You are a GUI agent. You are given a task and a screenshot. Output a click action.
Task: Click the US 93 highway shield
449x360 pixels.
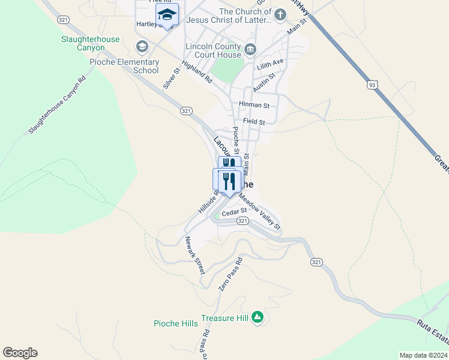[x=373, y=85]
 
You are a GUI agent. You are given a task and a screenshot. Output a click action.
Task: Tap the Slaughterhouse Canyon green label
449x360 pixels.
[x=91, y=43]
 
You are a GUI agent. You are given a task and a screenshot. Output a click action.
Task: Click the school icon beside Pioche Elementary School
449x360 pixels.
[x=142, y=47]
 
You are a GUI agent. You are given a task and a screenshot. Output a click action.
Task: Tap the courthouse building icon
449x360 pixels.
[x=250, y=49]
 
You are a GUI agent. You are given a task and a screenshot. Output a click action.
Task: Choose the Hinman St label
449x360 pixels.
[x=254, y=105]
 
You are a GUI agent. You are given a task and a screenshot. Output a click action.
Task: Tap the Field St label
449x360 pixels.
[x=254, y=122]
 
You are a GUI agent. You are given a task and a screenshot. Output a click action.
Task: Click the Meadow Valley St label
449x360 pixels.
[x=259, y=211]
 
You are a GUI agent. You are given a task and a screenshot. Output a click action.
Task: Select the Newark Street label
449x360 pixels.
[x=195, y=255]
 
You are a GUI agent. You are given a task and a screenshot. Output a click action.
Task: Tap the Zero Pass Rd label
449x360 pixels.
[x=231, y=274]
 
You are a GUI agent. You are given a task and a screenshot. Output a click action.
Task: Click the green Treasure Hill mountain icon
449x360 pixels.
[x=258, y=316]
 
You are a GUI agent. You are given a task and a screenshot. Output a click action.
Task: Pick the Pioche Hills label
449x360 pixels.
[x=176, y=324]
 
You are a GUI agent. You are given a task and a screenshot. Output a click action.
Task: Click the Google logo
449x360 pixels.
[x=20, y=353]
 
